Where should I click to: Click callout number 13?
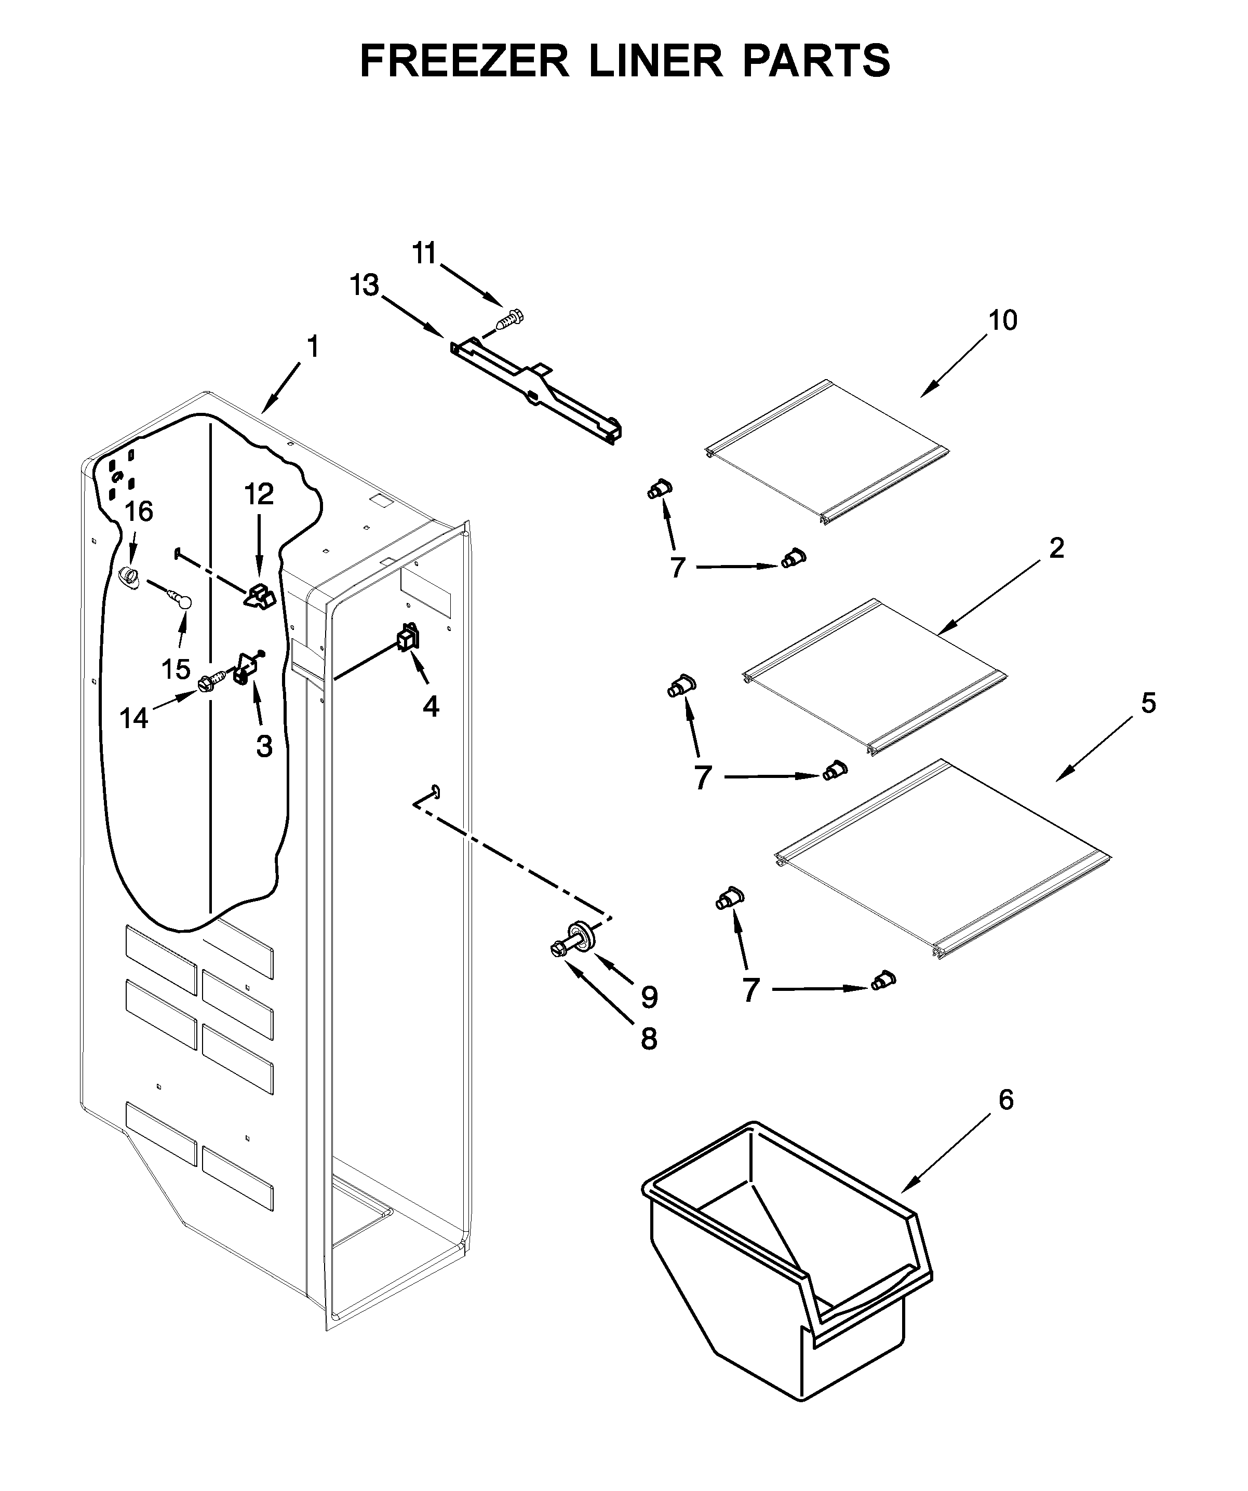tap(365, 286)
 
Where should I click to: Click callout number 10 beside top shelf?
tap(1003, 320)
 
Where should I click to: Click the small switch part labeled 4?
tap(408, 638)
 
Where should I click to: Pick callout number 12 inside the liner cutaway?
tap(259, 494)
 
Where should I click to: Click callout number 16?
tap(139, 511)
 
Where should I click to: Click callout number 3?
tap(264, 746)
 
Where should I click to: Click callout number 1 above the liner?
tap(312, 347)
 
